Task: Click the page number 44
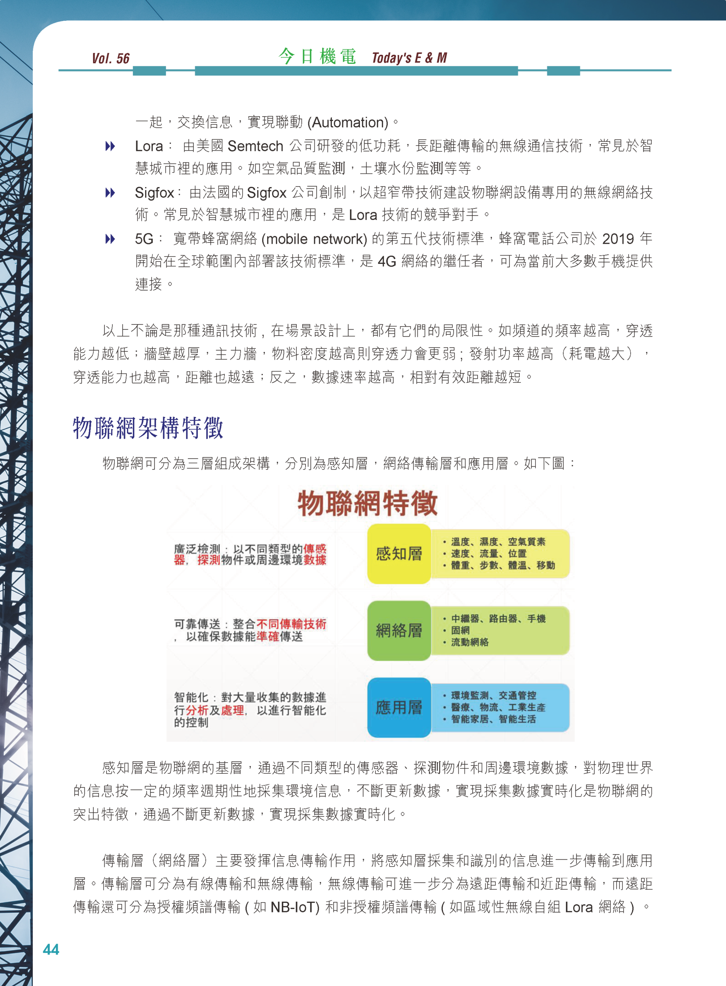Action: (51, 949)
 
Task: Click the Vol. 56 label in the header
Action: (111, 59)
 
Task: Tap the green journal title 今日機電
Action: (317, 57)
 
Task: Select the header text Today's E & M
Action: (409, 58)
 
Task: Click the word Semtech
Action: (255, 146)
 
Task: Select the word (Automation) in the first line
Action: (348, 122)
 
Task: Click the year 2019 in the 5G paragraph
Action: (618, 239)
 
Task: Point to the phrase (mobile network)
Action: (314, 239)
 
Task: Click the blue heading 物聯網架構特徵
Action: (148, 428)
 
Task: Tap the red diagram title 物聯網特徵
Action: (367, 503)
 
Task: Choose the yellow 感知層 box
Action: (398, 553)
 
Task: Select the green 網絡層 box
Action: (398, 631)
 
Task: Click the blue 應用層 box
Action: (398, 707)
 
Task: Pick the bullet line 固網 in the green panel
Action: (460, 631)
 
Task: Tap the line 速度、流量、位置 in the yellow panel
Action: (488, 553)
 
